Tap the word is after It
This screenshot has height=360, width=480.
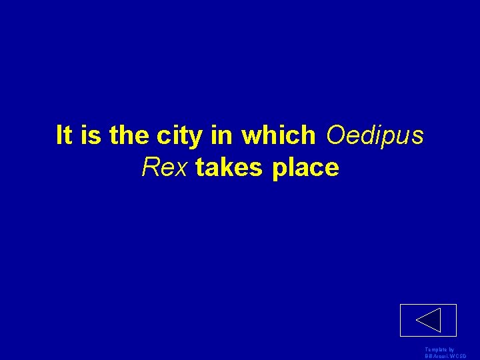[x=87, y=135]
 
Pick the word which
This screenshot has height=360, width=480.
[x=278, y=135]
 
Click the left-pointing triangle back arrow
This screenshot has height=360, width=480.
[x=428, y=321]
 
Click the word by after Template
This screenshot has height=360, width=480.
[x=451, y=349]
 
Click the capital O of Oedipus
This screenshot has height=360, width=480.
[x=335, y=135]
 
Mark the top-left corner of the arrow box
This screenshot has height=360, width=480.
[x=401, y=305]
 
